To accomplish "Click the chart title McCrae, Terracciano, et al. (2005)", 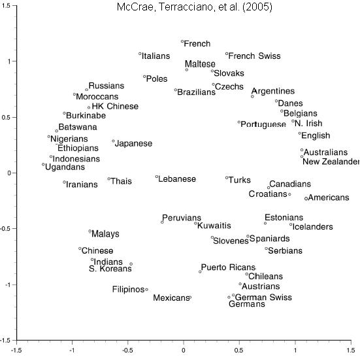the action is (195, 7).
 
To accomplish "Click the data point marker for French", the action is (182, 42).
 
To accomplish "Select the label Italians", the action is (155, 56).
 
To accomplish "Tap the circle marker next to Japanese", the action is (113, 141).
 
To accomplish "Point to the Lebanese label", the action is (177, 179).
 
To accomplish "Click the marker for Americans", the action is (306, 198).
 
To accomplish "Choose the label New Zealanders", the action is (331, 162).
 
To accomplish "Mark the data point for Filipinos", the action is (146, 290).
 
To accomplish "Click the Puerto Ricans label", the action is (228, 267).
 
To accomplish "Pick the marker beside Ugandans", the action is (43, 164).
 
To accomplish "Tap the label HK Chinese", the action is (115, 107).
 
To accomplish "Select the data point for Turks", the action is (227, 178).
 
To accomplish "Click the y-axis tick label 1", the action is (8, 61).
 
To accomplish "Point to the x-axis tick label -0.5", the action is (128, 351).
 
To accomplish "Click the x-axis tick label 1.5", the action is (351, 351).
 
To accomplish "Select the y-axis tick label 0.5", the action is (7, 117).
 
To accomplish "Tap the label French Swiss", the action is (254, 56).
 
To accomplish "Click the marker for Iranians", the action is (65, 182).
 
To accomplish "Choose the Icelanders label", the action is (312, 227).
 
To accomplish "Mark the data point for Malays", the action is (90, 231).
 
